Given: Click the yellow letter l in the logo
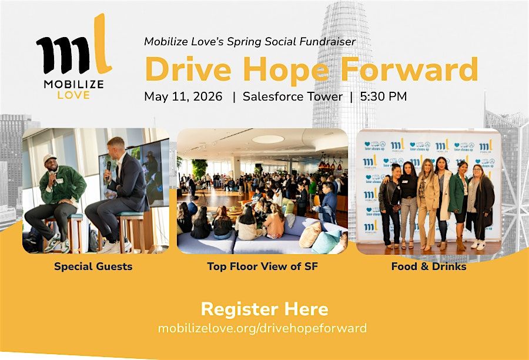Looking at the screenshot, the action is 101,44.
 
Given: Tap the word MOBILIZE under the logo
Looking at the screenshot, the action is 73,85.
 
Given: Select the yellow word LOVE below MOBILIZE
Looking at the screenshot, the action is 73,95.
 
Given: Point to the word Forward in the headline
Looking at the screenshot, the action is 409,69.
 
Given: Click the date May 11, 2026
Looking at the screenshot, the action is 183,96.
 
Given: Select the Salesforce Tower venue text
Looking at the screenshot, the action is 293,96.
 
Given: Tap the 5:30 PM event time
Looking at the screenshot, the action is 383,96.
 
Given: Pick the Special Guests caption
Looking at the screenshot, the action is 93,266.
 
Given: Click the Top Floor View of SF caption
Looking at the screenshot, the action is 263,266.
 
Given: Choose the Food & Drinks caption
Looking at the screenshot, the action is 429,266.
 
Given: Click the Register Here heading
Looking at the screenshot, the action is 264,309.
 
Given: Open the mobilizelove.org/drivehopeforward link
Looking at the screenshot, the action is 263,328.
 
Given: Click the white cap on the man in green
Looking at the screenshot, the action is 50,158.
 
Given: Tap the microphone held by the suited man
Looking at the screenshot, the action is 108,168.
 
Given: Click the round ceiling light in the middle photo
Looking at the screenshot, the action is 268,139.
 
